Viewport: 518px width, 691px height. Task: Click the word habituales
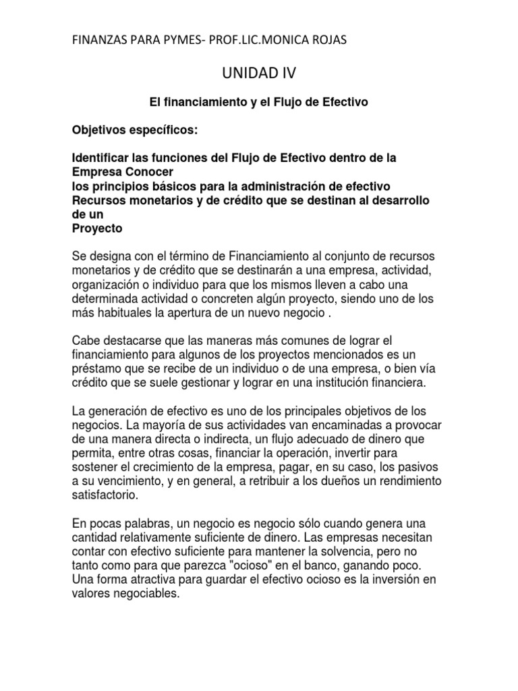pos(124,312)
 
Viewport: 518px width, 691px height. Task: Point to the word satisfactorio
pos(107,495)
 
